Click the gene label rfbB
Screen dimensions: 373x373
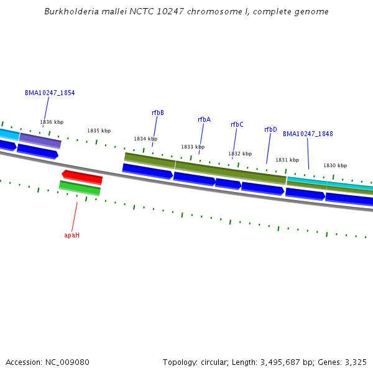158,113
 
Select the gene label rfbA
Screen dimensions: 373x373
204,120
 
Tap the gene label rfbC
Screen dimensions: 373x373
237,125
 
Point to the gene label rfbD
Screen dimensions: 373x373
270,130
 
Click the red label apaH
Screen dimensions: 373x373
72,236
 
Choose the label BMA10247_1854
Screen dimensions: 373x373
50,93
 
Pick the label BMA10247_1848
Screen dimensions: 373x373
308,134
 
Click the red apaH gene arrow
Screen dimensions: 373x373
82,177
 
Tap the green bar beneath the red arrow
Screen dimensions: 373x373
80,188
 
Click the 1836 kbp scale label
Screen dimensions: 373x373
52,122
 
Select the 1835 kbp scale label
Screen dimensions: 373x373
99,131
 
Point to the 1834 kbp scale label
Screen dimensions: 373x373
145,139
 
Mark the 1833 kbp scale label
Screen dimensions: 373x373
193,147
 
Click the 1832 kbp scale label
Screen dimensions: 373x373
240,154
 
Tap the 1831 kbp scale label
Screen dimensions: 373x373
287,160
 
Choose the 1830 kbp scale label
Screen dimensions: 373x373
335,166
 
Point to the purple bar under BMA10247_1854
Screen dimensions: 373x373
40,140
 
